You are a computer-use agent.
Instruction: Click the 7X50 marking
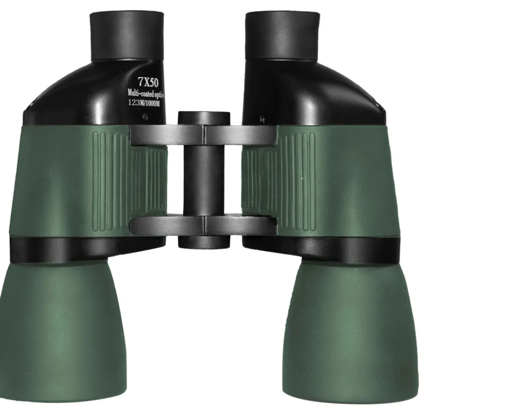148,82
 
